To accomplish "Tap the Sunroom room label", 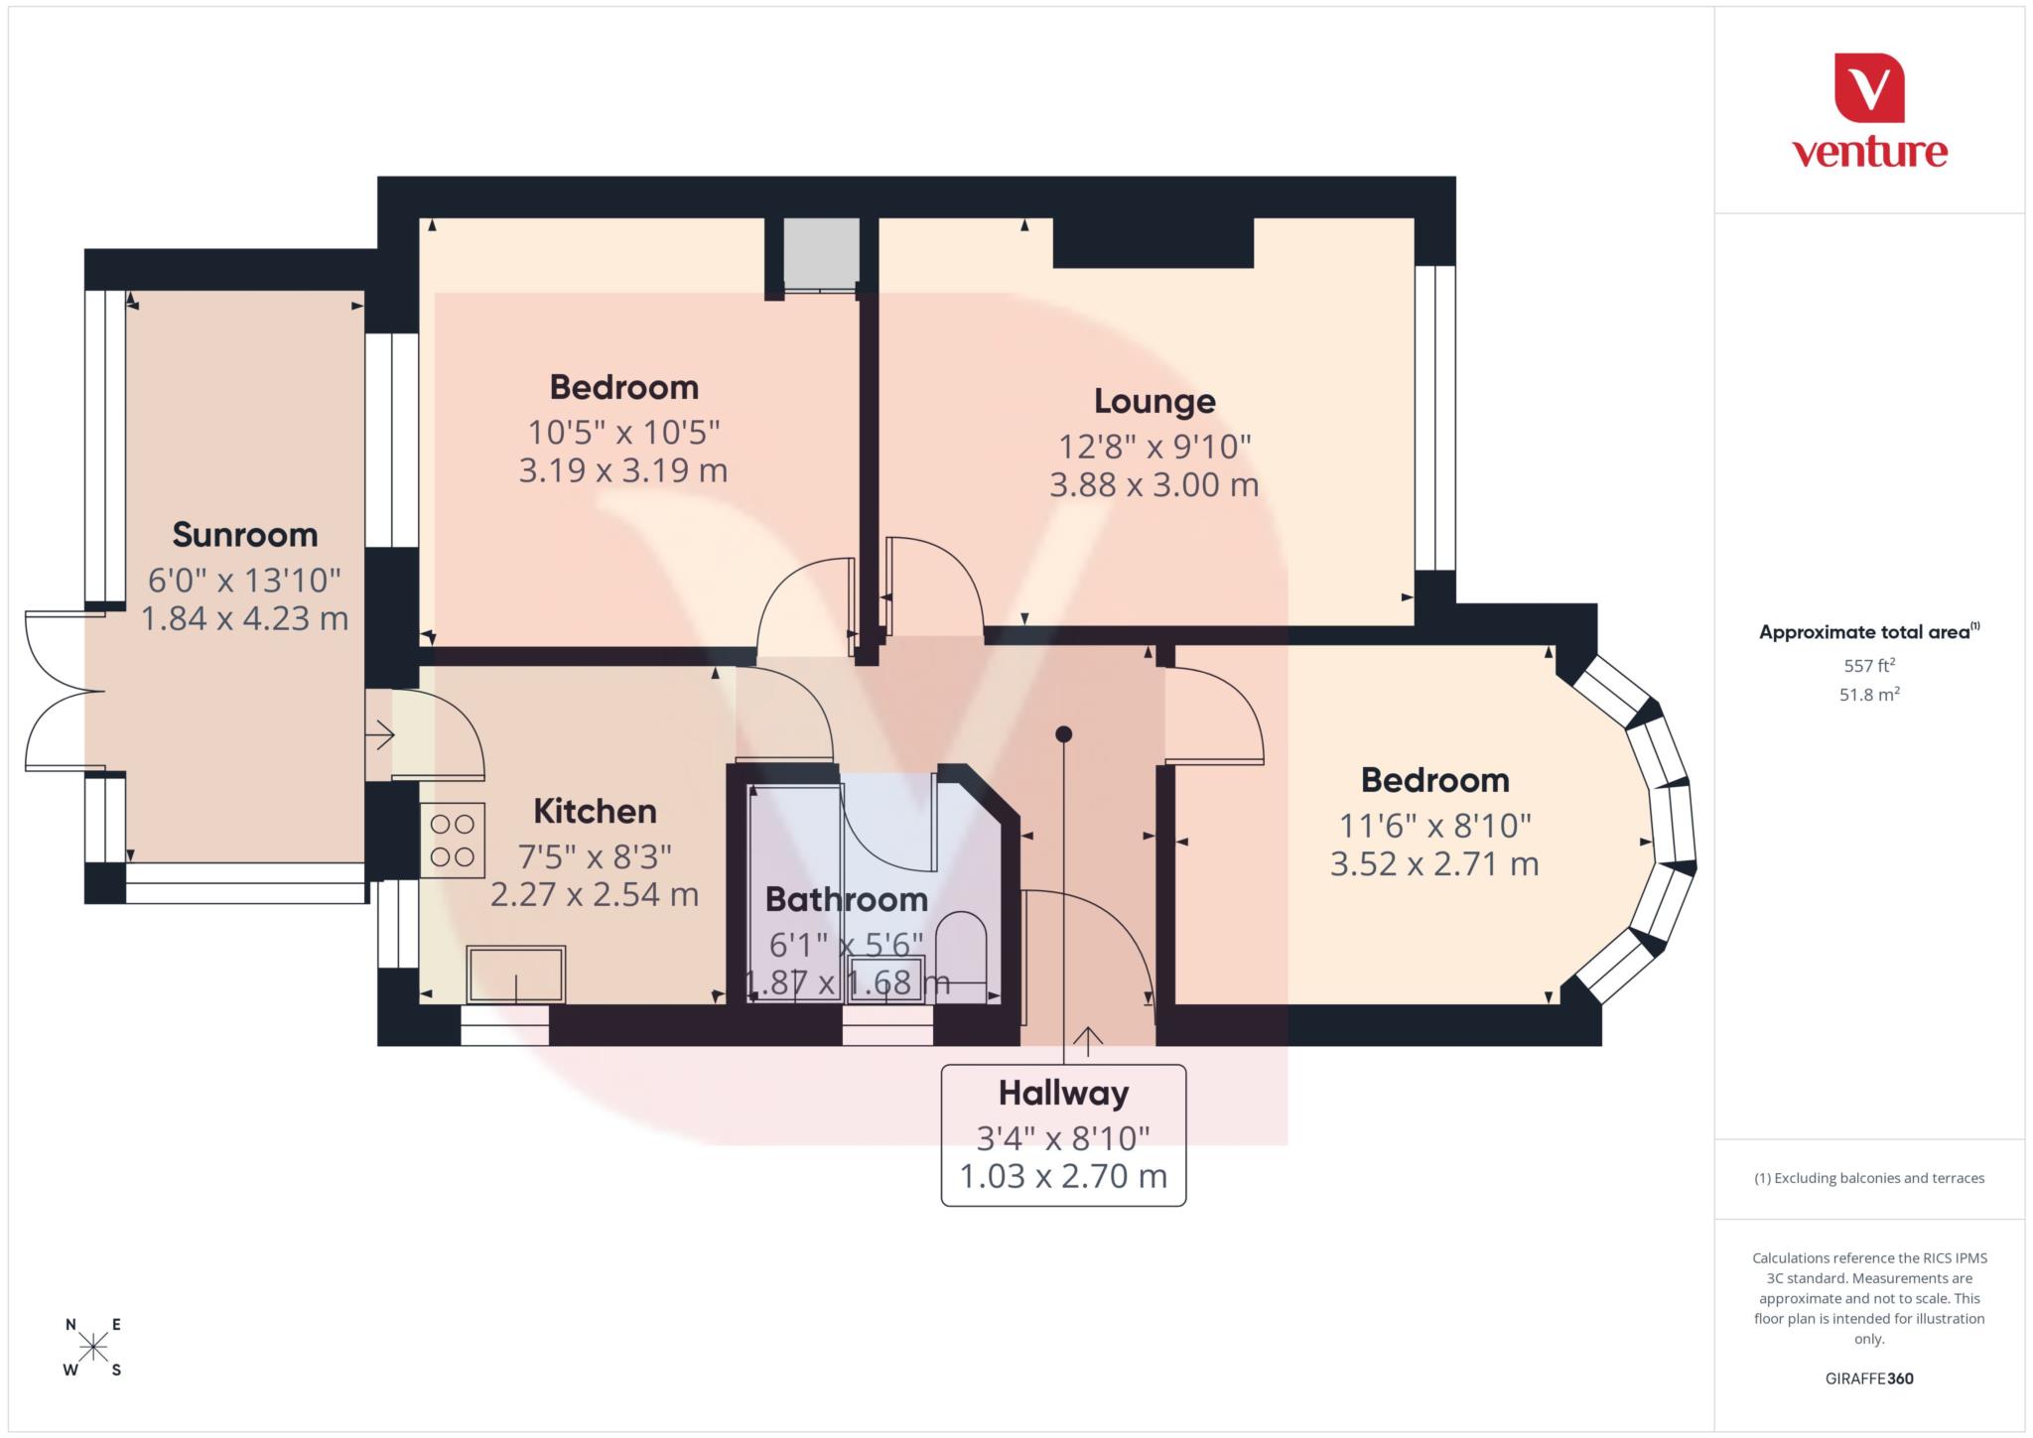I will (x=245, y=535).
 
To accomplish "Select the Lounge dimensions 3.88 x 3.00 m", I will (x=1153, y=485).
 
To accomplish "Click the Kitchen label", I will (x=595, y=811).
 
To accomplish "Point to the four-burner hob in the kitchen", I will (x=452, y=840).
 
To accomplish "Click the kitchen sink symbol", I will (x=516, y=974).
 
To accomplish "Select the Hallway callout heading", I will (x=1063, y=1094).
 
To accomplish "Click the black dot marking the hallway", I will (x=1063, y=734).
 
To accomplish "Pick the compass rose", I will (x=93, y=1347).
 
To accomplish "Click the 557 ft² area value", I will (x=1868, y=665).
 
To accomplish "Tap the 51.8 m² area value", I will (x=1868, y=695).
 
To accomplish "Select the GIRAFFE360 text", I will (x=1868, y=1378).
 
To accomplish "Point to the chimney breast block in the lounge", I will (x=1152, y=242).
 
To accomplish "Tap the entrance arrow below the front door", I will (x=1088, y=1040).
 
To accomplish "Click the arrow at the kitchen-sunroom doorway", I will (x=381, y=735).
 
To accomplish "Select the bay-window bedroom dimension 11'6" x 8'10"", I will (x=1434, y=825).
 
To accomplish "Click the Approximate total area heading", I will (x=1868, y=632).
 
